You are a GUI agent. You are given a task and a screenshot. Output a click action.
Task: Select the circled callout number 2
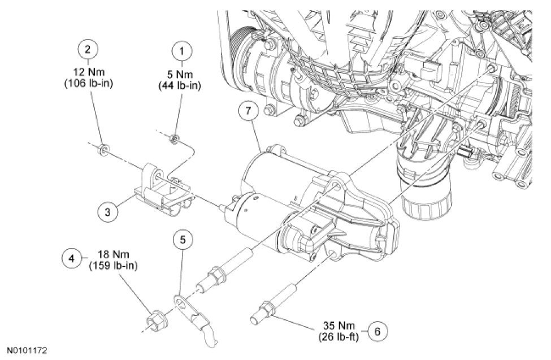(87, 49)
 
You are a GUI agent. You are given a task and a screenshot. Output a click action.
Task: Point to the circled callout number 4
(70, 258)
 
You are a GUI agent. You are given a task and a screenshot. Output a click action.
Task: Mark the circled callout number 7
(248, 111)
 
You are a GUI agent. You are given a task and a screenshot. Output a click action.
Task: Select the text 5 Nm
(182, 73)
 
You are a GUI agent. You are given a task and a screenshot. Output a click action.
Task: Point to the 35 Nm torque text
(337, 327)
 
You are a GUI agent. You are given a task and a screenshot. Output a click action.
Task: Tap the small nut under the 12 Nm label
(104, 150)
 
